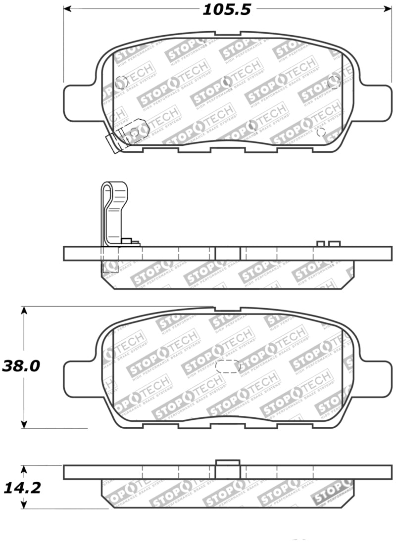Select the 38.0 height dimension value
tap(20, 366)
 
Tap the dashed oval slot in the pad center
tap(228, 366)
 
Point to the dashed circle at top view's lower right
tap(320, 132)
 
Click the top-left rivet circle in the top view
tap(120, 83)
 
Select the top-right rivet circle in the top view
tap(334, 82)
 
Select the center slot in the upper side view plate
tap(228, 253)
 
